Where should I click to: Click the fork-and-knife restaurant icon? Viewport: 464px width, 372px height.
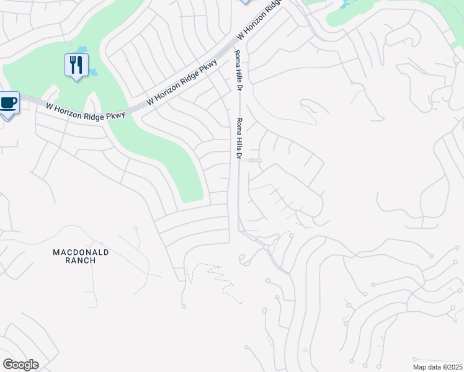(x=76, y=64)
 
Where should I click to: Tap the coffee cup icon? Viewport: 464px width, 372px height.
(x=8, y=102)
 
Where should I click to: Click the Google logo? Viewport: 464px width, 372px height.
(x=20, y=365)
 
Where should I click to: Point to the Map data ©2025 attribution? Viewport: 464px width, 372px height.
(x=437, y=367)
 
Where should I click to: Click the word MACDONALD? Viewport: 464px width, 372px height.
(x=81, y=252)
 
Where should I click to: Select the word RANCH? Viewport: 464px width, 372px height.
(x=81, y=261)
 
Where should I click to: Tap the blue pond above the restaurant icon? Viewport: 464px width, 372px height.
(x=83, y=50)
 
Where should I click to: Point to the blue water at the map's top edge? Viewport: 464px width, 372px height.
(x=343, y=4)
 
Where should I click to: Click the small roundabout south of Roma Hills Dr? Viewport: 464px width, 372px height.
(x=265, y=247)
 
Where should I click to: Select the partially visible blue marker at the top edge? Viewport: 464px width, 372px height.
(x=244, y=2)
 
